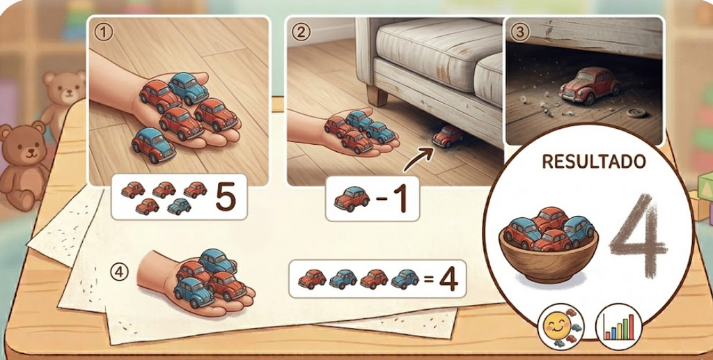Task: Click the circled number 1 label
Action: click(x=102, y=32)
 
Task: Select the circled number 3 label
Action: click(x=519, y=32)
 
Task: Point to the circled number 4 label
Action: click(x=120, y=272)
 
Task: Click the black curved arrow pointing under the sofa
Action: click(x=418, y=160)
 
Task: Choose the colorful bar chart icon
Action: click(x=618, y=327)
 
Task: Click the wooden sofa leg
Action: click(x=378, y=95)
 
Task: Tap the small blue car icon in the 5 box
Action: click(x=179, y=206)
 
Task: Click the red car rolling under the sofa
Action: click(x=448, y=136)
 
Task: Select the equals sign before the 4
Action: click(x=428, y=279)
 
